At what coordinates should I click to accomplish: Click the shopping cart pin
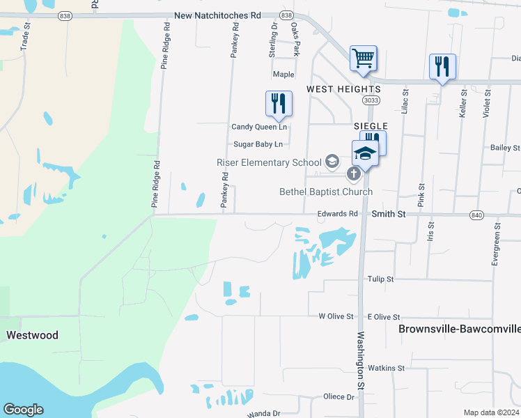coord(363,59)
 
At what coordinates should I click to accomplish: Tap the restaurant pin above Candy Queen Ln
coord(279,103)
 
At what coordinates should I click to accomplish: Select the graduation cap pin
coord(365,153)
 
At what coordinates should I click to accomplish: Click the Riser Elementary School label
coord(269,162)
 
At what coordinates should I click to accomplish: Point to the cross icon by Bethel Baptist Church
coord(354,173)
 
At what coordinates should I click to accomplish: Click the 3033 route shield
coord(371,100)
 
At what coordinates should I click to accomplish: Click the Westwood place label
coord(32,335)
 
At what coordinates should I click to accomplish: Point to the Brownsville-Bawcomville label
coord(459,328)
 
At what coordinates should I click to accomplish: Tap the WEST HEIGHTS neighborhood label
coord(343,89)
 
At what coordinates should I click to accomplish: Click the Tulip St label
coord(381,279)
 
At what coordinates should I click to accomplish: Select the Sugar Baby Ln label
coord(258,144)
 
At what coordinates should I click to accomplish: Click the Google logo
coord(23,410)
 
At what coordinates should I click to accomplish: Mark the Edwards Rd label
coord(337,214)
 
